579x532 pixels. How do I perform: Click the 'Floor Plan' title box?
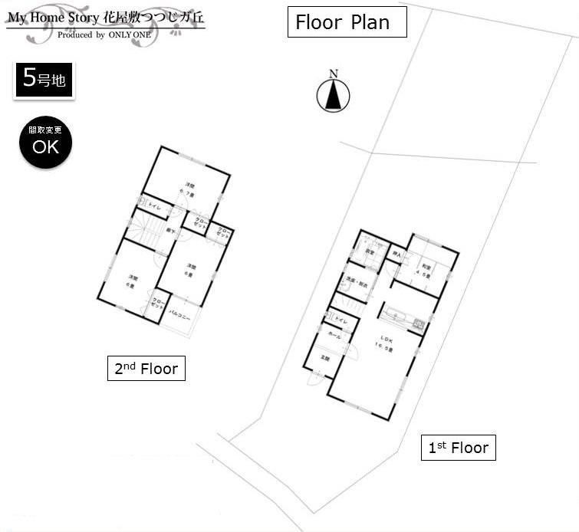pos(347,22)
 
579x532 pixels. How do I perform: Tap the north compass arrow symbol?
pos(333,95)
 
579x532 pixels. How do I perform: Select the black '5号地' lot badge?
pos(44,80)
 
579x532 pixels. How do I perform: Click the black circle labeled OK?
pos(45,143)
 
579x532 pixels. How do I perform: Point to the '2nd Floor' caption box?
pos(146,369)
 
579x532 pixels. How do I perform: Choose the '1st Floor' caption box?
pos(458,448)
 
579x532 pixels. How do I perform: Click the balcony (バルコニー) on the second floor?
pos(179,317)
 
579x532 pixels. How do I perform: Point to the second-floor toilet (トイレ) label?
pos(154,206)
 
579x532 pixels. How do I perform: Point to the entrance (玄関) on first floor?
pos(324,359)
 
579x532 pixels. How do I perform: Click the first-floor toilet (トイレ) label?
pos(340,322)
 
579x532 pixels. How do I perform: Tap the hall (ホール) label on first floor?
pos(335,337)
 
